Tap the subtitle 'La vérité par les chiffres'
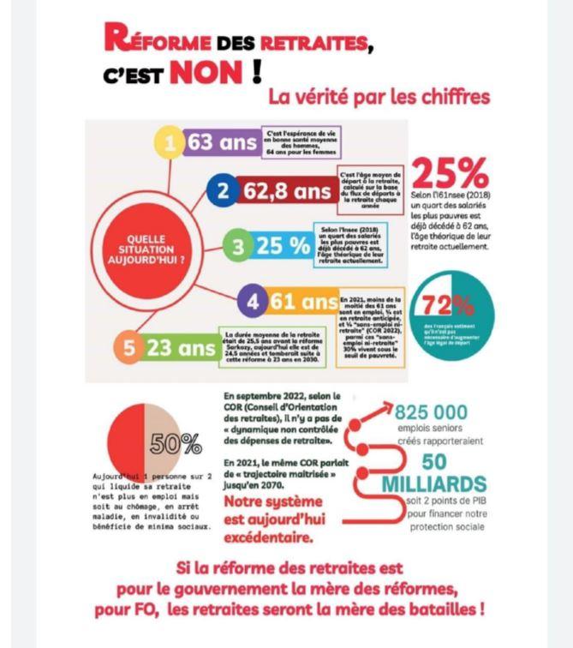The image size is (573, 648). [379, 97]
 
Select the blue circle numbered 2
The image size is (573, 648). [223, 191]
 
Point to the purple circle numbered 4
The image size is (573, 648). [253, 302]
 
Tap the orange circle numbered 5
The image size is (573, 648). [129, 349]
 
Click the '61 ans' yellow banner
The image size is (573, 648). [304, 302]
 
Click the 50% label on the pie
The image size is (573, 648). [176, 444]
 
